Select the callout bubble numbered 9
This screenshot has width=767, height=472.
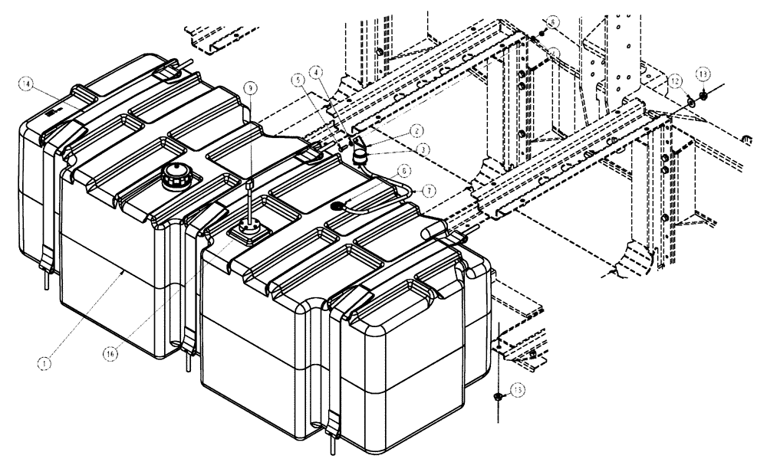click(249, 89)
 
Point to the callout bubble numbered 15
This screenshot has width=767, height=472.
click(518, 390)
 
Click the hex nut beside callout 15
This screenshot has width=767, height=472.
click(497, 397)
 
